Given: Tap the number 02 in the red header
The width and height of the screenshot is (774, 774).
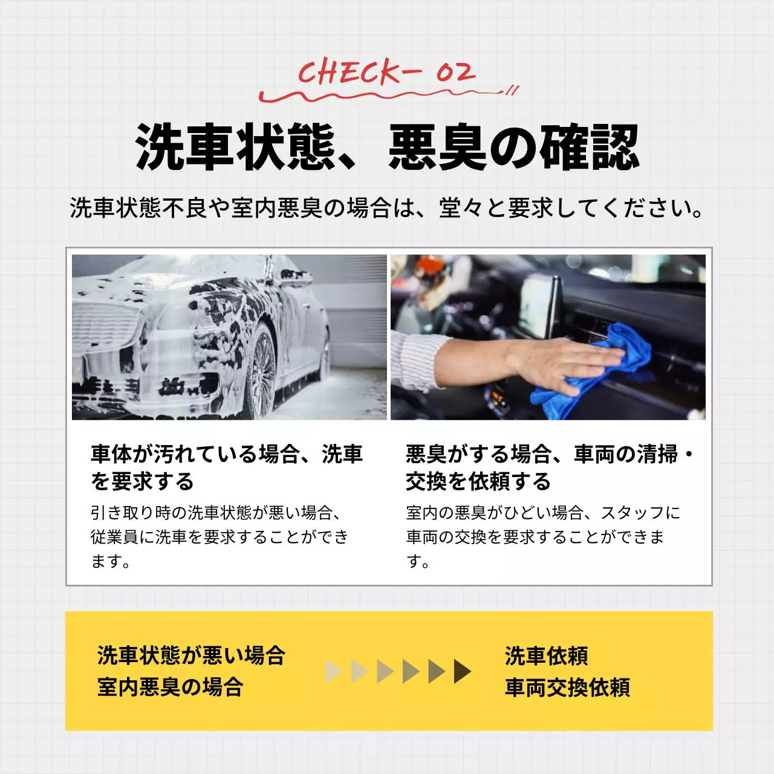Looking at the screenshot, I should [x=455, y=73].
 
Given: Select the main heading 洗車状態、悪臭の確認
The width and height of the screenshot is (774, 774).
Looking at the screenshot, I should [x=387, y=147].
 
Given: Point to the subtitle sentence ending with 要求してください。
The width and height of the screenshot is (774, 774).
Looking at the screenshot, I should [x=387, y=208].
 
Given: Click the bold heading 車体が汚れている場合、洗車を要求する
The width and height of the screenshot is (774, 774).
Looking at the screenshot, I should [x=227, y=467].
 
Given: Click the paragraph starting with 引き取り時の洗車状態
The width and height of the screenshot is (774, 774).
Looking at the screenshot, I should [x=220, y=537].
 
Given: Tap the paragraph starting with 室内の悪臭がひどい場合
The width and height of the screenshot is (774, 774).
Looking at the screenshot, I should [x=543, y=537].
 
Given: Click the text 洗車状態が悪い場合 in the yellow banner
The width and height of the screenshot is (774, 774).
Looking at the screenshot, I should [x=191, y=655].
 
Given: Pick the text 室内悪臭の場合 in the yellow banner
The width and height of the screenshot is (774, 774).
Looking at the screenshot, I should [x=170, y=687].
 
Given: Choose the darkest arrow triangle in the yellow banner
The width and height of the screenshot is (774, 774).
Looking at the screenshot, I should [x=462, y=671].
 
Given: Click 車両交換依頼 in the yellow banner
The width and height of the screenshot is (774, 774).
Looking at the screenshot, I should [x=567, y=688].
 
